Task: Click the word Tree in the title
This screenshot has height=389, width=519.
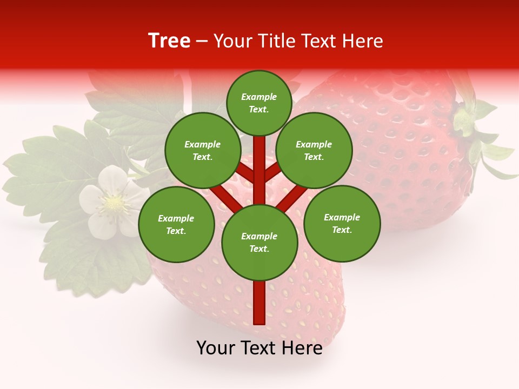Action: (x=169, y=41)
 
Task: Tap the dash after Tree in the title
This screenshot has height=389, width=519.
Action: (x=202, y=42)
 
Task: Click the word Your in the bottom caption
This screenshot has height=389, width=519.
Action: (x=216, y=348)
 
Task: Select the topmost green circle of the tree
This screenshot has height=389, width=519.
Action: (x=259, y=103)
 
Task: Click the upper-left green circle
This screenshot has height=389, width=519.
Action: (x=203, y=150)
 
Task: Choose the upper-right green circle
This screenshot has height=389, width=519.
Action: (x=314, y=150)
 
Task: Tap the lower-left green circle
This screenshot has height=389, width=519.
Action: (x=176, y=224)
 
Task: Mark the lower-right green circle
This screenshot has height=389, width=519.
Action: (x=342, y=223)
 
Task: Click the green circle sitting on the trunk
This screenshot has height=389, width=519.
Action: (x=259, y=242)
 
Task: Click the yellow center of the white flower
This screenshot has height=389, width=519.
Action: (x=114, y=203)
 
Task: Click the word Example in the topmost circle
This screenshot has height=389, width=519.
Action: (x=259, y=97)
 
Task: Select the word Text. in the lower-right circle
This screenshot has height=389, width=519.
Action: (x=342, y=230)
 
